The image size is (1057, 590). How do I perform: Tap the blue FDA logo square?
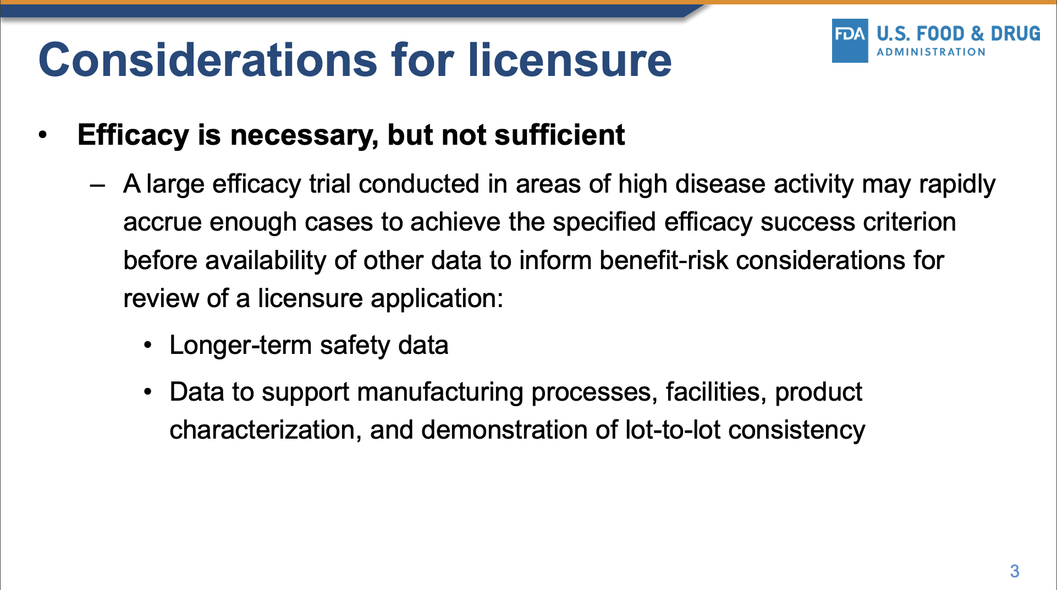click(x=850, y=41)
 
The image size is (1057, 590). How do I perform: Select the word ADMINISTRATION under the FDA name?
click(x=931, y=52)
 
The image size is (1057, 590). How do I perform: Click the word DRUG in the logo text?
click(x=1015, y=34)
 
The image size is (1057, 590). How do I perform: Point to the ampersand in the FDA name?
click(x=978, y=34)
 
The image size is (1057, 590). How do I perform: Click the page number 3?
click(x=1015, y=571)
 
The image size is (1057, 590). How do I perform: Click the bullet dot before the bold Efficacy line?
click(x=43, y=135)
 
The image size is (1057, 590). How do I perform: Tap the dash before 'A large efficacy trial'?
click(x=97, y=185)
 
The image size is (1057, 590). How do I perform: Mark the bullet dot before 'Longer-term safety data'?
click(x=147, y=346)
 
